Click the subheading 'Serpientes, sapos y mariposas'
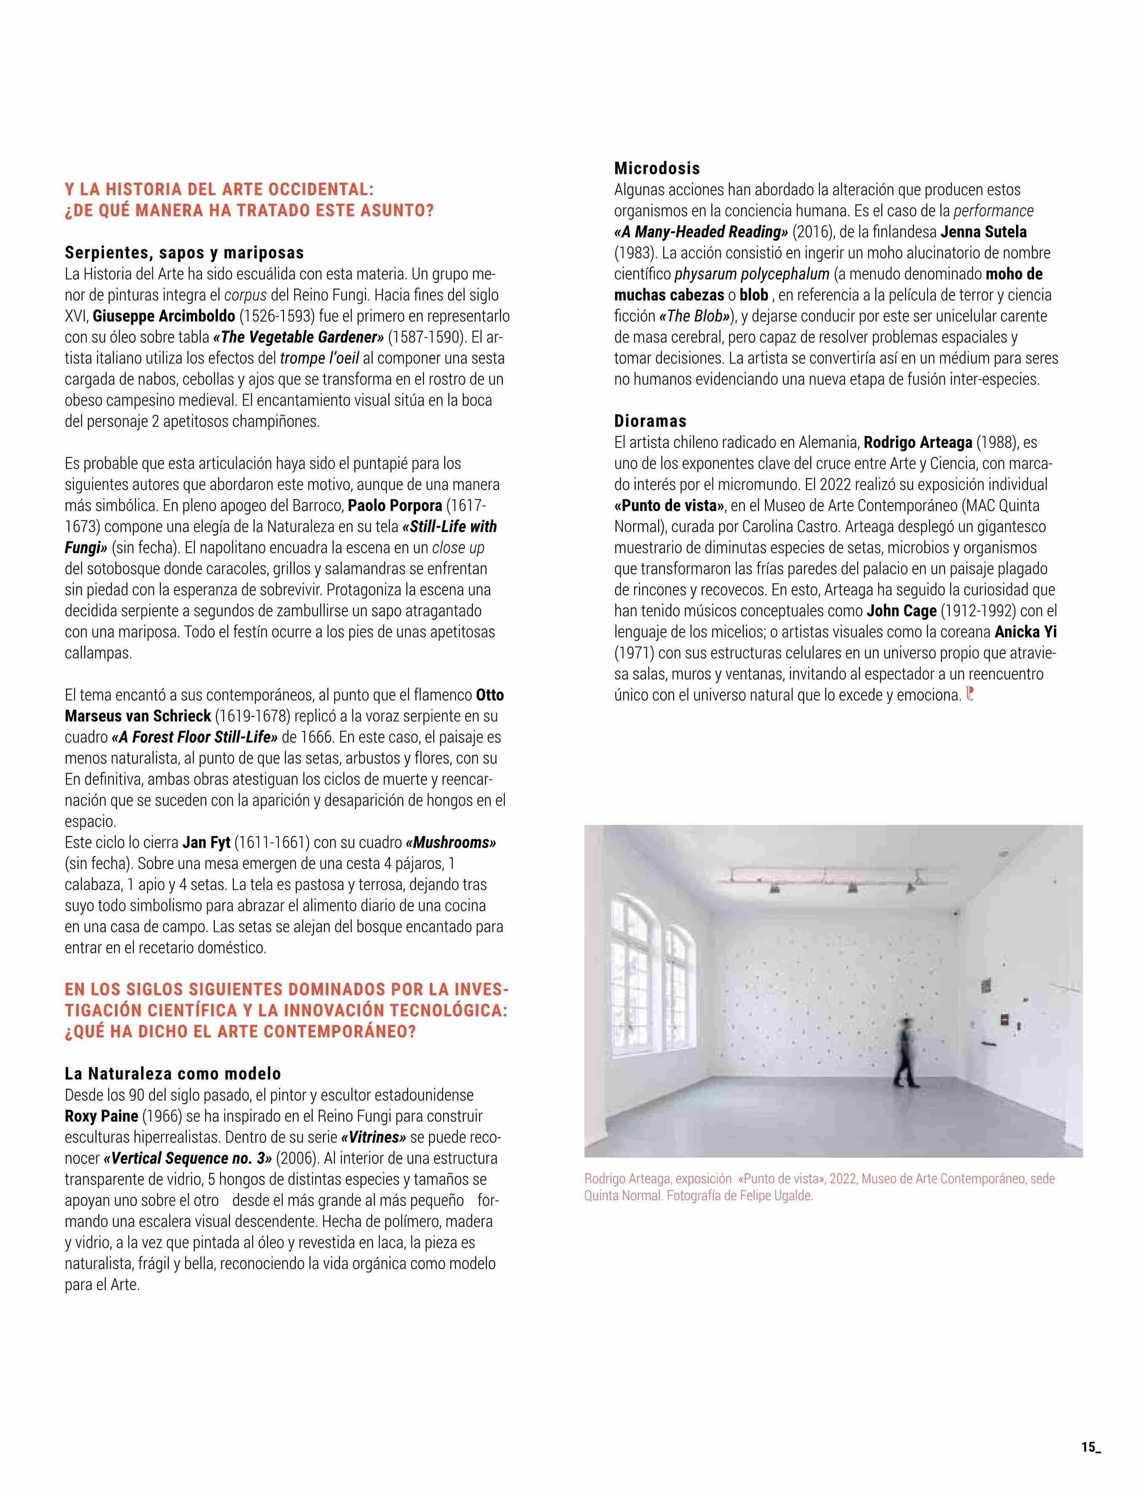tap(184, 253)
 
